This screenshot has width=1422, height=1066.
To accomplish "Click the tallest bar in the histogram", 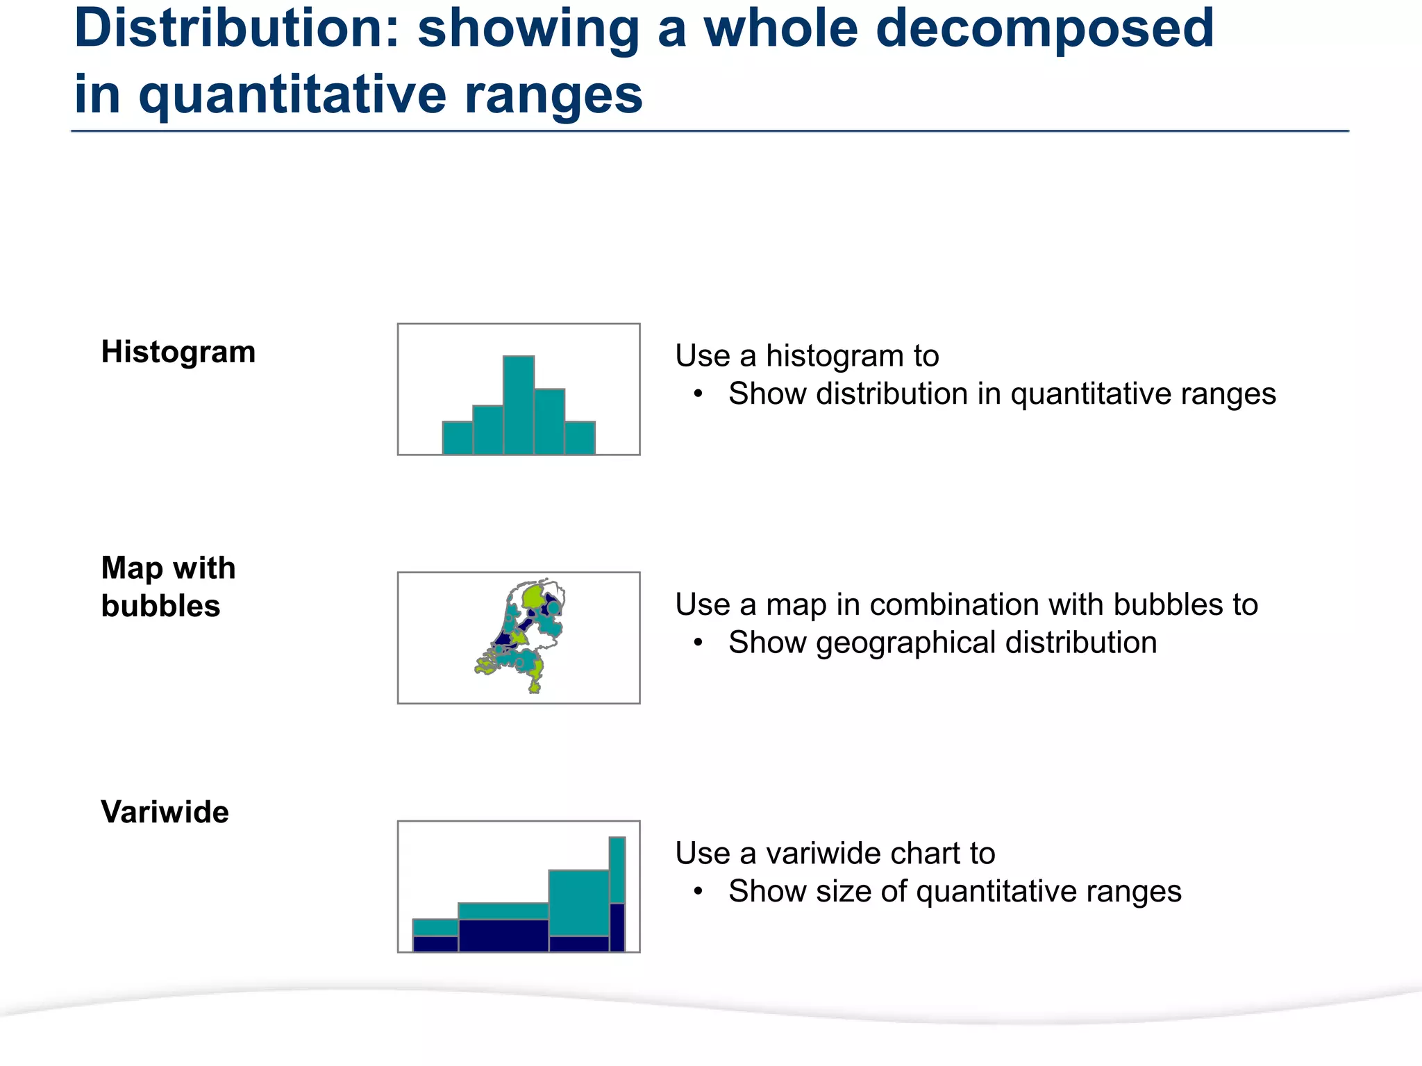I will pyautogui.click(x=519, y=406).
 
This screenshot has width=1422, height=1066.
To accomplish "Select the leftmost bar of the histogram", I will pyautogui.click(x=458, y=438).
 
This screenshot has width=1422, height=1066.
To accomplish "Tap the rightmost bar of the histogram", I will pyautogui.click(x=580, y=438).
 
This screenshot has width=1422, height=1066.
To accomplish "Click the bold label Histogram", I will pyautogui.click(x=178, y=352).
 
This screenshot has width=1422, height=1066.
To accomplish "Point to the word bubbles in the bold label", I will pyautogui.click(x=160, y=606).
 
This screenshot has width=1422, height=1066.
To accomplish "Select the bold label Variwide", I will pyautogui.click(x=165, y=812).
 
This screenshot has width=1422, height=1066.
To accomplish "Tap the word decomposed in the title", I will pyautogui.click(x=1044, y=29).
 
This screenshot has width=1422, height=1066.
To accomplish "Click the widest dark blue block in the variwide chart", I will pyautogui.click(x=503, y=936).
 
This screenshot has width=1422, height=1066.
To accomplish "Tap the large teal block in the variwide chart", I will pyautogui.click(x=578, y=902).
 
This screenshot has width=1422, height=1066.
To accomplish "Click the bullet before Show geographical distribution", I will pyautogui.click(x=699, y=643).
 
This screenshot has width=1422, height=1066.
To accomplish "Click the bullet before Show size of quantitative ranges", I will pyautogui.click(x=699, y=891).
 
